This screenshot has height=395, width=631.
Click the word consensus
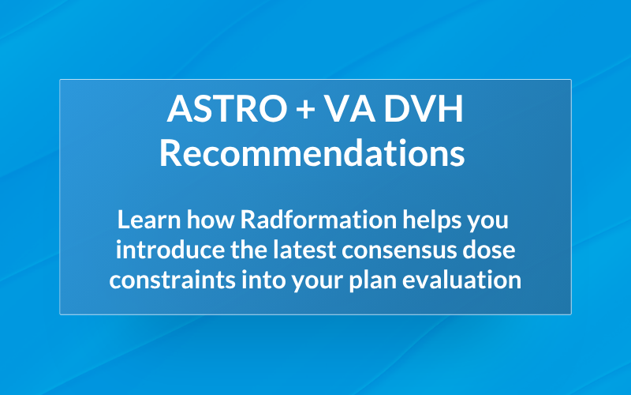pyautogui.click(x=383, y=250)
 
